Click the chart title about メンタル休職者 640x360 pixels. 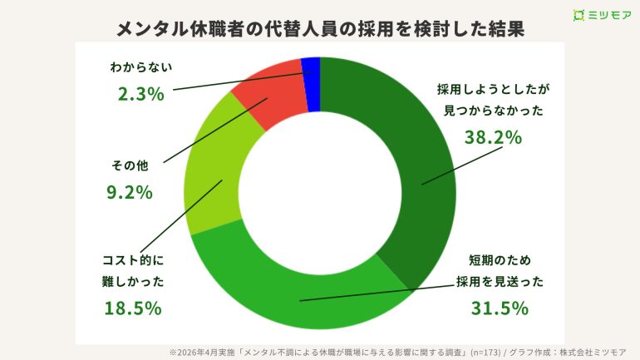pos(320,28)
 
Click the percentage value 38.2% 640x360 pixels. pos(492,137)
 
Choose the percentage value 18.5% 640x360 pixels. pos(132,308)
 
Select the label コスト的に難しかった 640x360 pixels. pos(133,271)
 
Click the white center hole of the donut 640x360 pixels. pos(319,192)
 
